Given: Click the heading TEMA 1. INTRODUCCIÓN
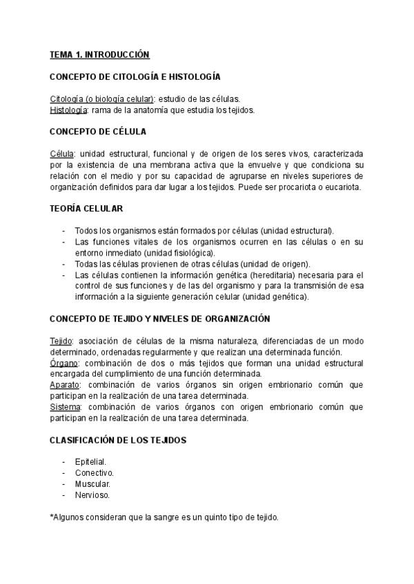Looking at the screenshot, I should [x=99, y=54].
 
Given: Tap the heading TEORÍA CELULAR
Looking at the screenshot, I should [x=86, y=208].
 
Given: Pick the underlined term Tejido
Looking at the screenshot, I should [x=61, y=341].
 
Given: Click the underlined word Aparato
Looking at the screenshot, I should [x=65, y=384].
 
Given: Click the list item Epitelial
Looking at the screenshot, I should [x=91, y=461].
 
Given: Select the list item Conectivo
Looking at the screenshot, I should [x=94, y=472].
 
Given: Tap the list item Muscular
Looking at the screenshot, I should [x=92, y=483].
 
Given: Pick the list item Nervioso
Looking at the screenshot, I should [x=92, y=494].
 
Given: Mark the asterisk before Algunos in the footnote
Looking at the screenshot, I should [x=52, y=516].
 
